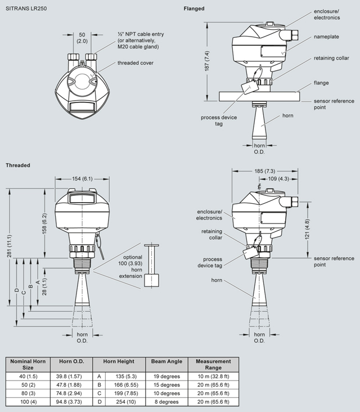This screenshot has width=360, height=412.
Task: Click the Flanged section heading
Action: point(194,9)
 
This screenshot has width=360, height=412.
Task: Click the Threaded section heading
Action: point(18,165)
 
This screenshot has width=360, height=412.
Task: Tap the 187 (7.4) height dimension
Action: point(208,60)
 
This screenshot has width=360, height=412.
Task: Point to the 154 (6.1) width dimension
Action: point(82,178)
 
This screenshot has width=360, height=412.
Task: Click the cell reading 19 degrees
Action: point(166,375)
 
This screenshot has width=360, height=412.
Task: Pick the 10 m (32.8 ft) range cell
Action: point(213,375)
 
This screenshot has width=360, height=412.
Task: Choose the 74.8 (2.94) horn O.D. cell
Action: point(71,393)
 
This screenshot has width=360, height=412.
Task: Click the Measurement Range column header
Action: point(213,365)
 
